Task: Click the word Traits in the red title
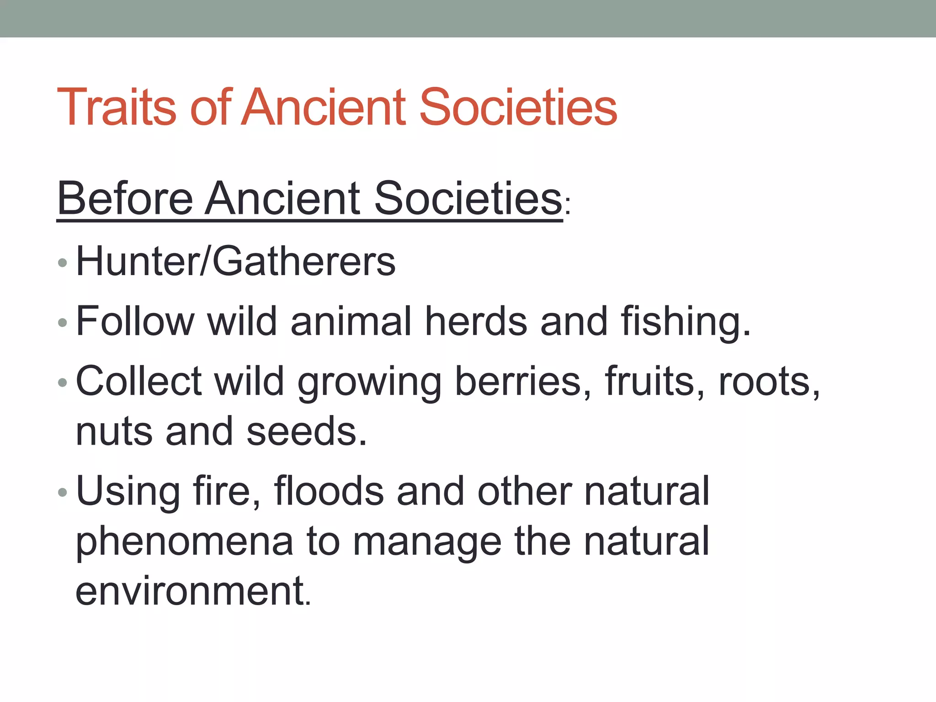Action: [117, 107]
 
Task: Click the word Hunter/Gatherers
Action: [235, 261]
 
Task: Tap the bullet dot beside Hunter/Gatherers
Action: [63, 263]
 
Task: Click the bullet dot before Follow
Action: [63, 323]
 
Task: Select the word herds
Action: [476, 321]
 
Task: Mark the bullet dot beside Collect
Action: [63, 383]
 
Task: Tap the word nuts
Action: [114, 432]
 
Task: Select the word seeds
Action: [306, 432]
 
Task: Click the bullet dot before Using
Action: [63, 493]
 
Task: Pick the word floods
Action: [329, 491]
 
